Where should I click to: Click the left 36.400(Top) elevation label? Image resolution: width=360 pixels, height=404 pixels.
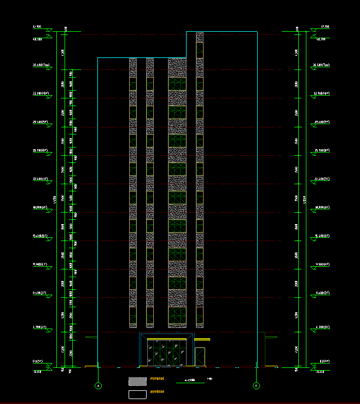click(x=42, y=65)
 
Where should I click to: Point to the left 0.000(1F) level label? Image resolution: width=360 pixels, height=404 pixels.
click(x=38, y=361)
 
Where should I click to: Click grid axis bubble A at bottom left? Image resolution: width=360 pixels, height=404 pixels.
click(x=98, y=385)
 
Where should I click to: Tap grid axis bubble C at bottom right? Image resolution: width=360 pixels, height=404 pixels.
click(x=256, y=385)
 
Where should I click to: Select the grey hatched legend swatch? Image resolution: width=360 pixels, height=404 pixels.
click(x=137, y=380)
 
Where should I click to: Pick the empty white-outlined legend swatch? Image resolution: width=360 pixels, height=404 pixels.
click(x=137, y=394)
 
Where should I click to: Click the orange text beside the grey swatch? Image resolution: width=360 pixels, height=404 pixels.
click(x=157, y=378)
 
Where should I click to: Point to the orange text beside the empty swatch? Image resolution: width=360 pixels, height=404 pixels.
click(x=157, y=391)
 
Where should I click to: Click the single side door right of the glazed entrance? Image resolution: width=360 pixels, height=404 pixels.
click(x=200, y=356)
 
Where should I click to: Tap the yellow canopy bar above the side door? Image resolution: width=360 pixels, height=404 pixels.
click(x=202, y=339)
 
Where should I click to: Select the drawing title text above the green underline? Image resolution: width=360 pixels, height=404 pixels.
click(x=190, y=379)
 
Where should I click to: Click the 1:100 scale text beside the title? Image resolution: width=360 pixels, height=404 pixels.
click(x=210, y=378)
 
